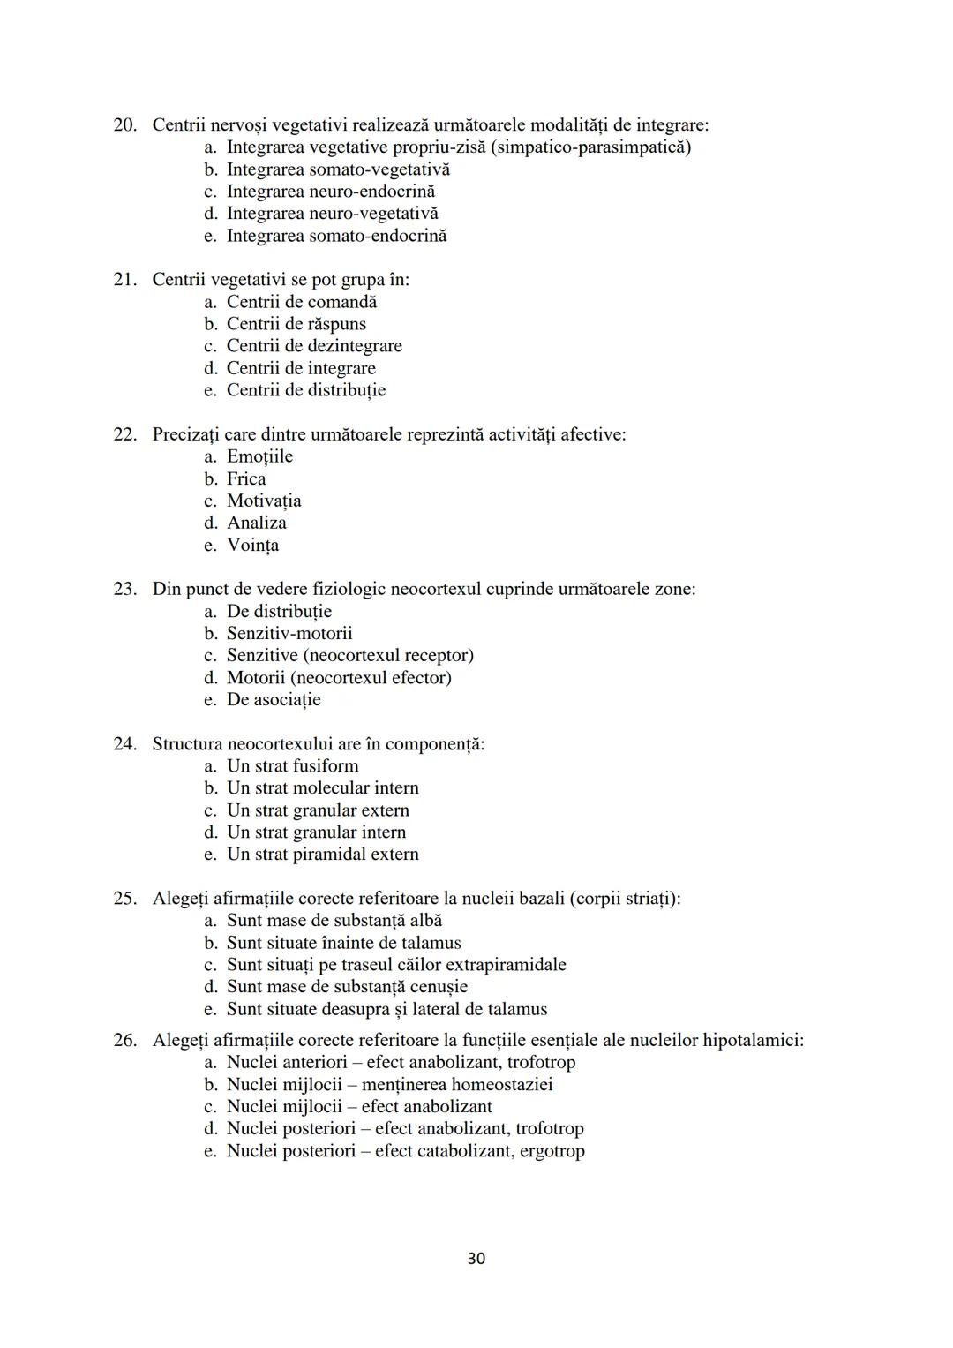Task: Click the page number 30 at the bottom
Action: click(476, 1258)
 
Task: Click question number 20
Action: click(124, 125)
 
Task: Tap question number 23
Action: click(124, 589)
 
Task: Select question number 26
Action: click(124, 1040)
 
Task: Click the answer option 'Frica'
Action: click(246, 478)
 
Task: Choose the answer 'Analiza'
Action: click(256, 523)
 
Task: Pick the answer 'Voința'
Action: click(252, 545)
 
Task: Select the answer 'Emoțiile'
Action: click(259, 456)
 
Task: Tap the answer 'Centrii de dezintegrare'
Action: click(314, 346)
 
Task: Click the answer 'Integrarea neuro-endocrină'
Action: click(330, 192)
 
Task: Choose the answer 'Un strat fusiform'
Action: click(292, 765)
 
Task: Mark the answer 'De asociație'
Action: click(274, 699)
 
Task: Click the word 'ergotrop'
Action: click(552, 1151)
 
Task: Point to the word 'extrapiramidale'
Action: click(506, 965)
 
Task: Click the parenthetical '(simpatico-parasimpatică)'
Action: click(590, 147)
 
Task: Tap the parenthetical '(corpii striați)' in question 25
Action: click(625, 899)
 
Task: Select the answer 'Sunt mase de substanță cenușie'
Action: click(347, 987)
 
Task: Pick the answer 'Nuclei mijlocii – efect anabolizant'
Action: click(359, 1107)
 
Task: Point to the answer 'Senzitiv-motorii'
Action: click(289, 633)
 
